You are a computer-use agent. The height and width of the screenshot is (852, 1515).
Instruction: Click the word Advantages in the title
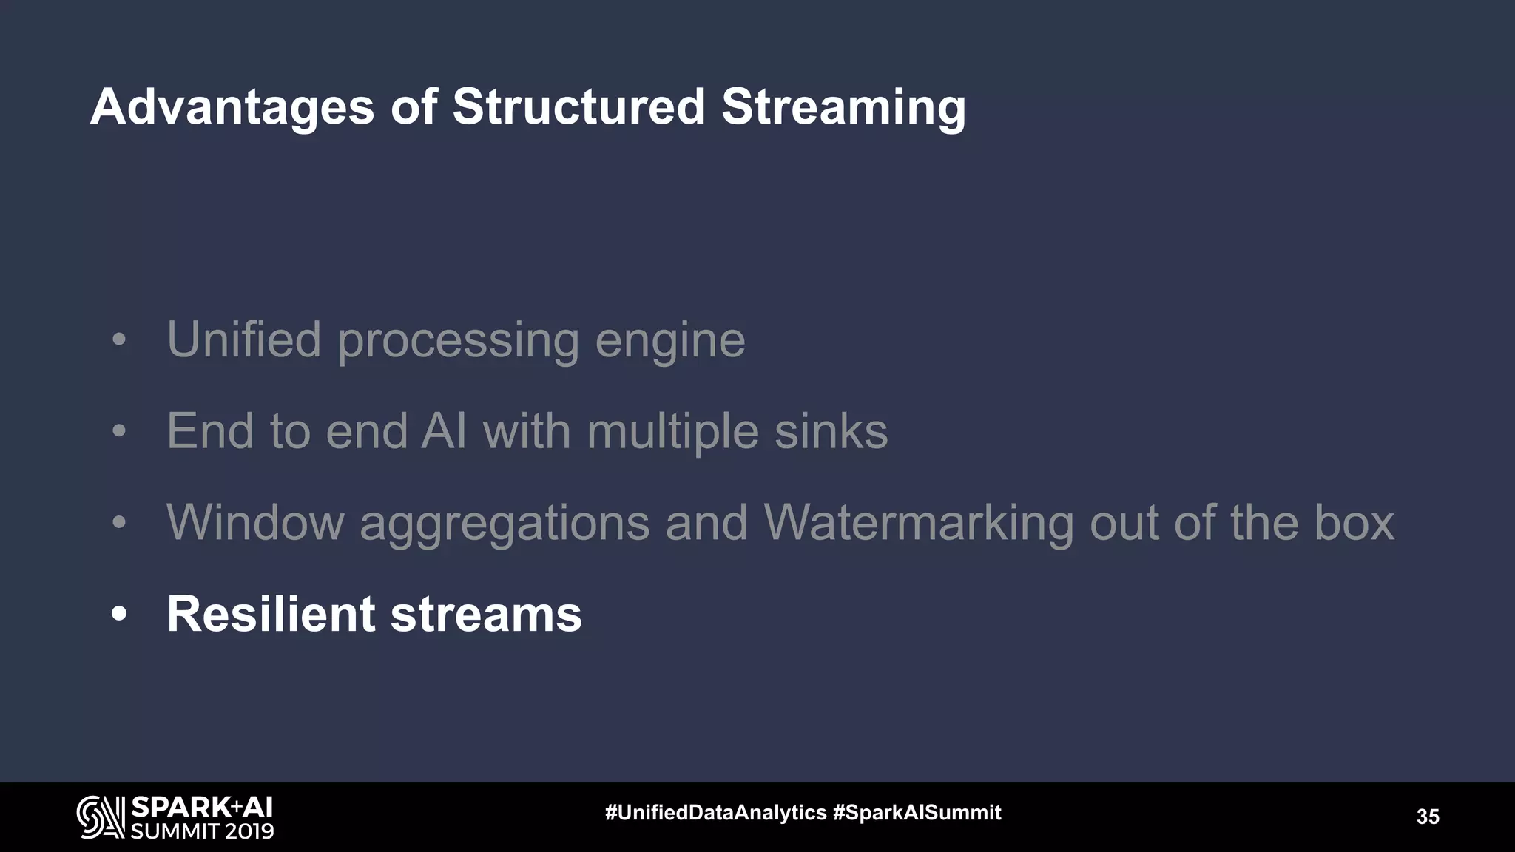tap(232, 108)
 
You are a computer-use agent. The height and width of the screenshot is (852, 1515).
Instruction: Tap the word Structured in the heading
tap(578, 106)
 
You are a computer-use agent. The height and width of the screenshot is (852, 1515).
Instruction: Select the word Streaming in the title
tap(843, 108)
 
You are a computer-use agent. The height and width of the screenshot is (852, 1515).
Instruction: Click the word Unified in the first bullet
tap(244, 339)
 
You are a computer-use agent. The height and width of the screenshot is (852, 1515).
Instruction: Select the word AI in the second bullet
tap(444, 431)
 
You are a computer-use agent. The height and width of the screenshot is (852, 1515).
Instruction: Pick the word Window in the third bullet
tap(255, 522)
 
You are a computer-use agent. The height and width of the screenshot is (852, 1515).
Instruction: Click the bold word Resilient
tap(271, 614)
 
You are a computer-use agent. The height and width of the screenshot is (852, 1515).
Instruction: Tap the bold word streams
tap(486, 615)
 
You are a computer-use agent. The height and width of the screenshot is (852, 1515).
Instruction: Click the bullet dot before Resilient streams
tap(119, 614)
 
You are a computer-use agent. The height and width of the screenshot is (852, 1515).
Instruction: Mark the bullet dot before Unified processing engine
tap(119, 341)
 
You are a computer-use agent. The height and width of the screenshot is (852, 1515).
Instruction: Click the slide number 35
tap(1428, 816)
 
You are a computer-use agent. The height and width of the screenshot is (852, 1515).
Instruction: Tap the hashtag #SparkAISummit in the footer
tap(917, 813)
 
